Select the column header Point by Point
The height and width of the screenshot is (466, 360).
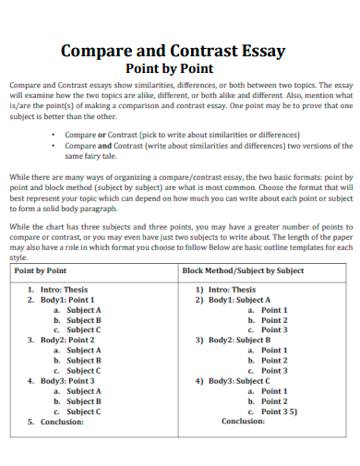[41, 271]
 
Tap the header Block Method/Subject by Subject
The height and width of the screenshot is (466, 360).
[243, 271]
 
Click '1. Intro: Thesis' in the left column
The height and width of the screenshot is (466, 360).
[57, 290]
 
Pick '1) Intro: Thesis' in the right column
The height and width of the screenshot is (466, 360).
[226, 290]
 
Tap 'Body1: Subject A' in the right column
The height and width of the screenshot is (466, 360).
[239, 300]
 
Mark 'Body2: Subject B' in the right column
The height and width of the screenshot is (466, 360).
[239, 340]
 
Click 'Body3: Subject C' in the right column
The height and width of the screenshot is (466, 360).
[239, 380]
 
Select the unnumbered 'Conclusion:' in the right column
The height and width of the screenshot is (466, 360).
[244, 421]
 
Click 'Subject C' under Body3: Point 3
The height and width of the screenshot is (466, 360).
[83, 411]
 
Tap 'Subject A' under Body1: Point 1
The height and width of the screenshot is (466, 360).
[83, 310]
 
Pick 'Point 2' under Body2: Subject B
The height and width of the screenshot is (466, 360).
[274, 360]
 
